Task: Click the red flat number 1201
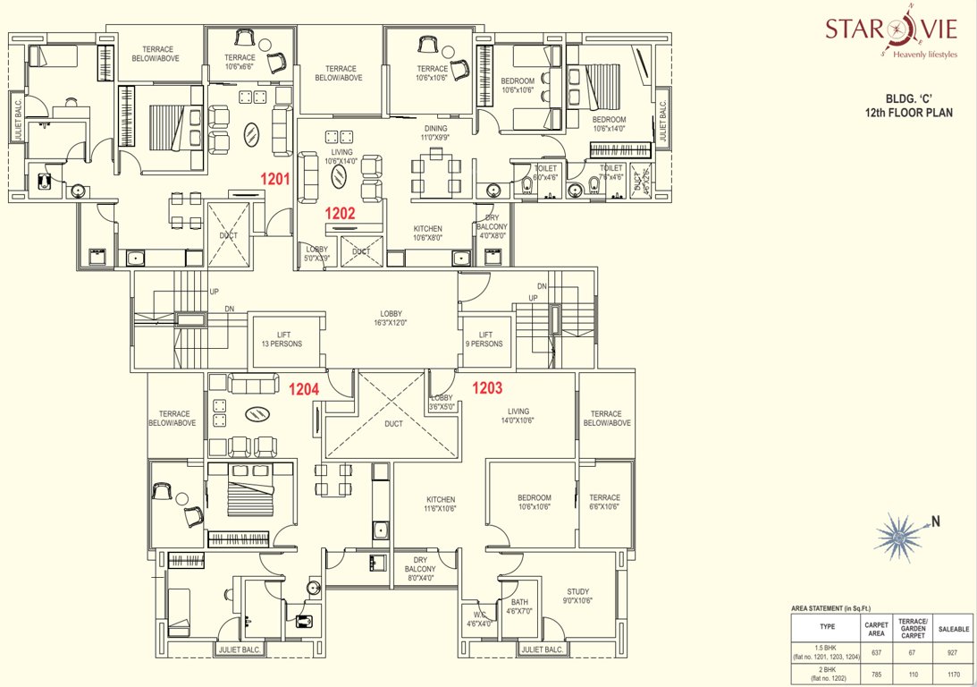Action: [x=275, y=178]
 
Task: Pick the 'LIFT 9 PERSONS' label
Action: [x=485, y=338]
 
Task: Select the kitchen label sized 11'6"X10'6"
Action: [x=441, y=504]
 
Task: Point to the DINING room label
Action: [x=435, y=132]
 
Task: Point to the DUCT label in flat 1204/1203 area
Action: [x=393, y=424]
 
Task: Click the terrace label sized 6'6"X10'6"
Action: [x=605, y=503]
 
